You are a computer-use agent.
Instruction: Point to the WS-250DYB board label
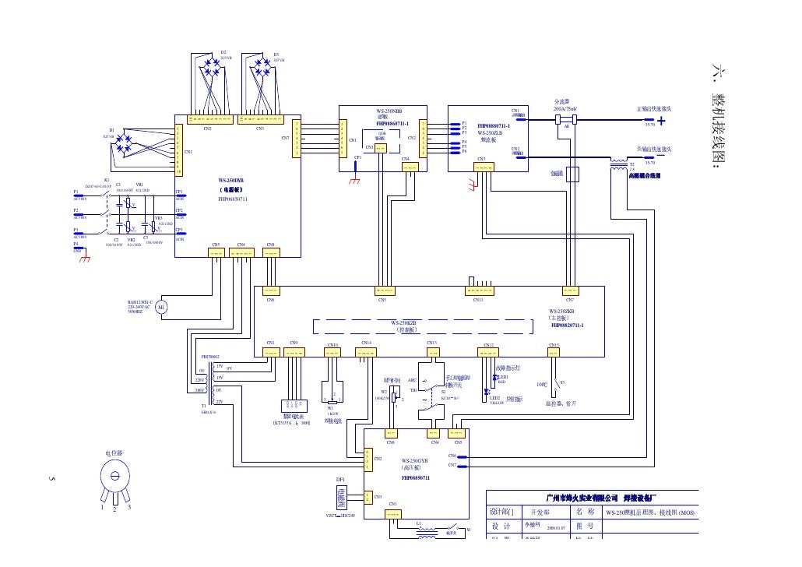(233, 181)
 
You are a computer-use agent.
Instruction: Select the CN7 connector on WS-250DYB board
(295, 138)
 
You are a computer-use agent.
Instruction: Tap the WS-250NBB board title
(389, 111)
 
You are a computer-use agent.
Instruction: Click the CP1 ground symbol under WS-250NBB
(355, 179)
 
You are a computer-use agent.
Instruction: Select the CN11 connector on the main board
(478, 291)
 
